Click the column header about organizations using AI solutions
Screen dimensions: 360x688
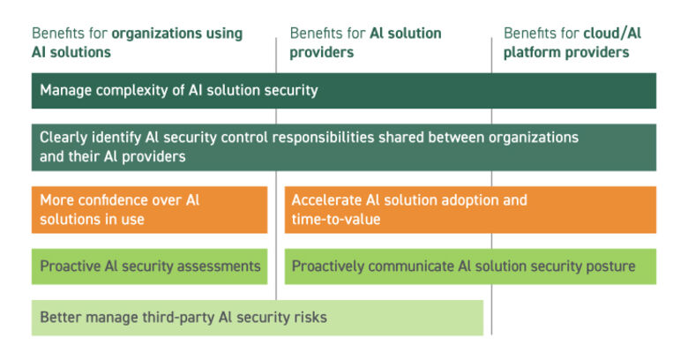(137, 42)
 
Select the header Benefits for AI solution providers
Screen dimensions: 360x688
(365, 42)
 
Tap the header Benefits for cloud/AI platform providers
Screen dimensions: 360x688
(572, 42)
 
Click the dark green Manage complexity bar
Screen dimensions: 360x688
(343, 91)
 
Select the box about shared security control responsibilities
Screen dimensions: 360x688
(343, 147)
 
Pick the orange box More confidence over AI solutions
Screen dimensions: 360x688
(149, 210)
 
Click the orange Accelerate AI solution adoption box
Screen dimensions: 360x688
(470, 210)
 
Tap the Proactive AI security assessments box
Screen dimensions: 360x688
(149, 266)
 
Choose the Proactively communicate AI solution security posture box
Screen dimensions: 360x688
(470, 266)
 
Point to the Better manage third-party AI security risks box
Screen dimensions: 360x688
(257, 318)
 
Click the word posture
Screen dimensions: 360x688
(610, 266)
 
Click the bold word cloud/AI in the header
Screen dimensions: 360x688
(612, 34)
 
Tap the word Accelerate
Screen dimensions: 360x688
(325, 200)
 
